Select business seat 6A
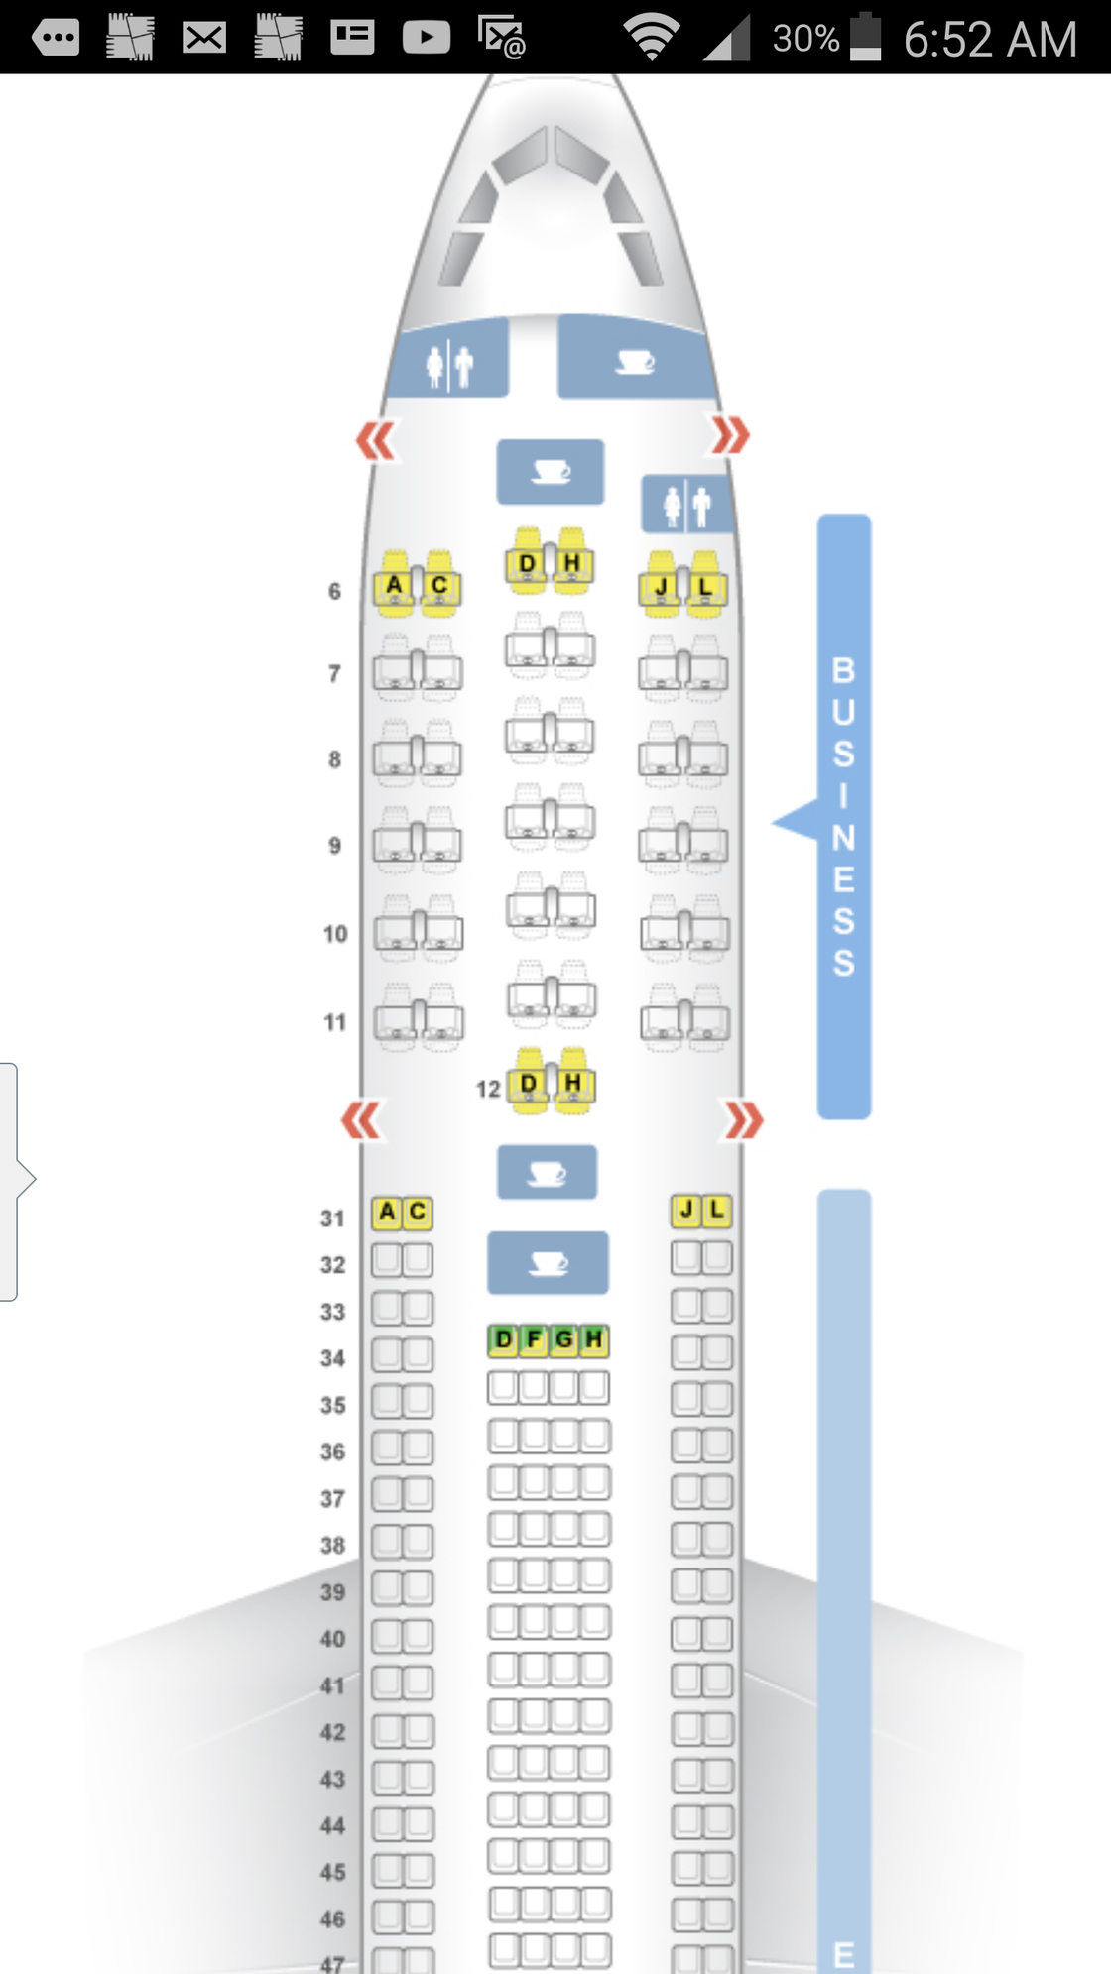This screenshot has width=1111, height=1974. point(395,584)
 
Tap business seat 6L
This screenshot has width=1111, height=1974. point(706,585)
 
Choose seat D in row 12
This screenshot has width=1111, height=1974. point(529,1082)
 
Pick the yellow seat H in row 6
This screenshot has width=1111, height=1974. point(572,562)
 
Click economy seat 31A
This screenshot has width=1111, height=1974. point(387,1212)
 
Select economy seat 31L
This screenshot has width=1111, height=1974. point(716,1211)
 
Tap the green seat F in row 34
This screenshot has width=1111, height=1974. point(534,1340)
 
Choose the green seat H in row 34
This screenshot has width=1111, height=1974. point(593,1340)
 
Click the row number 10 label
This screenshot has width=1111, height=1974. point(335,934)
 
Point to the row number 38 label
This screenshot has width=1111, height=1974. point(332,1546)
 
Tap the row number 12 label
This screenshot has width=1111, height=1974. point(488,1090)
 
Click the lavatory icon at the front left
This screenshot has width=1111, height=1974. point(449,365)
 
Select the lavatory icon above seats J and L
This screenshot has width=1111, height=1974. point(687,506)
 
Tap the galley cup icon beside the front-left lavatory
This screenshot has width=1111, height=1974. point(635,362)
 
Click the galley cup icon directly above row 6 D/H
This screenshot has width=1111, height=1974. point(551,472)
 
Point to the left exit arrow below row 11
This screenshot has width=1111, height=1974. point(360,1121)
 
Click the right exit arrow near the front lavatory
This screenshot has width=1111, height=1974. point(730,435)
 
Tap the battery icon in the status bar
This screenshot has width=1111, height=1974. point(865,37)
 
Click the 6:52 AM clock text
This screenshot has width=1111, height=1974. point(990,40)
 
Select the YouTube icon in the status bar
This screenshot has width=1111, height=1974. point(427,38)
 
